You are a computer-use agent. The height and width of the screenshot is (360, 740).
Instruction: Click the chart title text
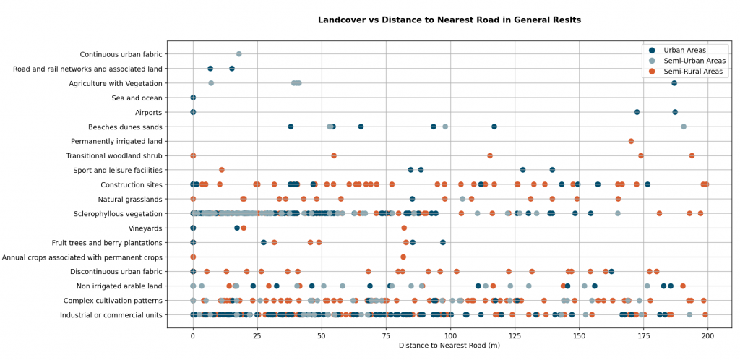[x=449, y=20]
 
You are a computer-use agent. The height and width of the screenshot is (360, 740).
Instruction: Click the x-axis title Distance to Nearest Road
[x=449, y=346]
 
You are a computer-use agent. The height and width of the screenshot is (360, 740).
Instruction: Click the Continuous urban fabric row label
[x=121, y=54]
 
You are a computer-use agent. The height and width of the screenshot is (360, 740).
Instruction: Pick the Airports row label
[x=148, y=113]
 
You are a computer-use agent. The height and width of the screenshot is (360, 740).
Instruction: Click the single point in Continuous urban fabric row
[x=239, y=54]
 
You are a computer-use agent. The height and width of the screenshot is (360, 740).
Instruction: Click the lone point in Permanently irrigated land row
[x=631, y=141]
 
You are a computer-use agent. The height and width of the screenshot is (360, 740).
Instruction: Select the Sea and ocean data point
[x=193, y=98]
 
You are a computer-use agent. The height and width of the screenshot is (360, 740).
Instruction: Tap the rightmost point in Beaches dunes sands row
[x=684, y=127]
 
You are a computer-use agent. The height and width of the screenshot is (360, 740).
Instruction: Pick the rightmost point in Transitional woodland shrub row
[x=692, y=155]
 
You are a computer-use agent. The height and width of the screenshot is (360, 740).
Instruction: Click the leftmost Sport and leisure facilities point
[x=410, y=170]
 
